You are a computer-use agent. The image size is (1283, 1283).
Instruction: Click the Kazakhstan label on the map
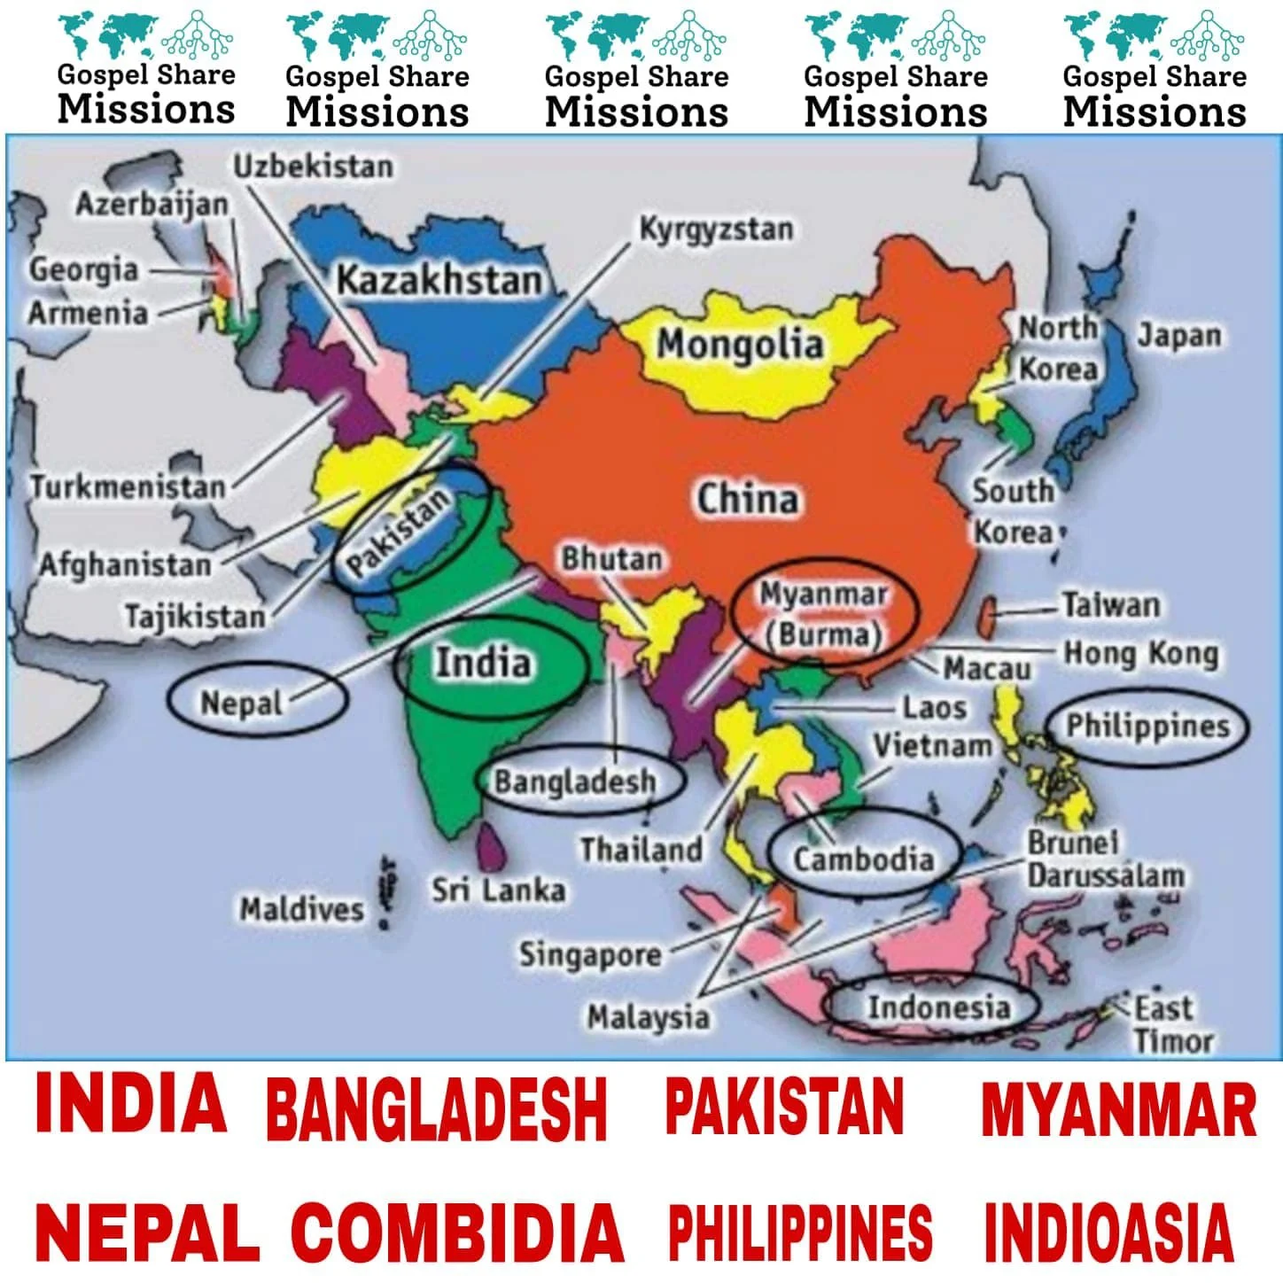point(439,281)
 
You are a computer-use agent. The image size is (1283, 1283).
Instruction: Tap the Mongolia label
point(740,344)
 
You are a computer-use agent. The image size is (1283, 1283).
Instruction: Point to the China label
point(747,499)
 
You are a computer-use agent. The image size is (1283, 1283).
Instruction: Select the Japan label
point(1178,336)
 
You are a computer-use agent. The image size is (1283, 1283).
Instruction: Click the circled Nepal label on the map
point(241,704)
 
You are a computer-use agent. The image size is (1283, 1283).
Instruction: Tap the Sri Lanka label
point(498,890)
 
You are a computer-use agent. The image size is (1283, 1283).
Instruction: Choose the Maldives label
point(301,909)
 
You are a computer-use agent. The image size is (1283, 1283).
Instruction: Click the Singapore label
point(590,954)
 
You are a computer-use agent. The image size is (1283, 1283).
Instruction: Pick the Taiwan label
point(1111,605)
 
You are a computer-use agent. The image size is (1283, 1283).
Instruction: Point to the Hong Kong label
point(1140,654)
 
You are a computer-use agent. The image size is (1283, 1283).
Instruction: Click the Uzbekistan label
point(313,166)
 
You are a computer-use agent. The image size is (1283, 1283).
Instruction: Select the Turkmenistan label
point(128,486)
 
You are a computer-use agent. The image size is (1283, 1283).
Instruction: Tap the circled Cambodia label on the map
point(863,859)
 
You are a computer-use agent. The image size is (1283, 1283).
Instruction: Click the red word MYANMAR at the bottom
point(1118,1109)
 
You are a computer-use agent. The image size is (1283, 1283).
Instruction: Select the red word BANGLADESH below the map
point(436,1109)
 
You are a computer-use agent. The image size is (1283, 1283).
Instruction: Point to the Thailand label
point(641,850)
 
